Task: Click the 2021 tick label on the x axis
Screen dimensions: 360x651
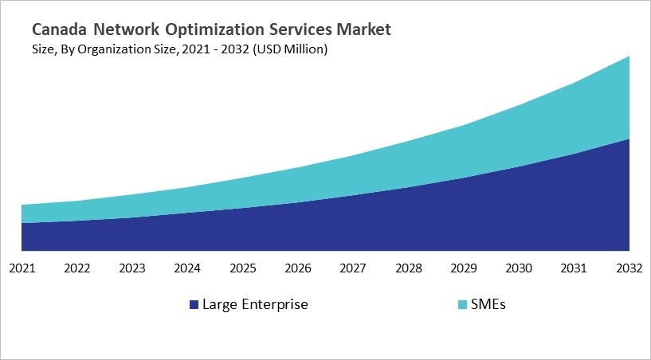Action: (x=22, y=268)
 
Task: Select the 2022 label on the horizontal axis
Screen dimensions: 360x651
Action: (x=77, y=268)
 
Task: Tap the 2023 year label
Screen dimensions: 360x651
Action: (x=132, y=268)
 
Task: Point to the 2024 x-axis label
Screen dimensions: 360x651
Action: (x=188, y=268)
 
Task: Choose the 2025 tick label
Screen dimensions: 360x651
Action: (x=243, y=268)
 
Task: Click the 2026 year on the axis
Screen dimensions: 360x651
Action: (x=298, y=268)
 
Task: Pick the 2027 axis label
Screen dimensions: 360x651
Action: (x=354, y=268)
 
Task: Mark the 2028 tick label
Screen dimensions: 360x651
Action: (x=409, y=268)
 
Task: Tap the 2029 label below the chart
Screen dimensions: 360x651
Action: (x=464, y=268)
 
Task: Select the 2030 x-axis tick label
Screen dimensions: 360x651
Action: (x=520, y=268)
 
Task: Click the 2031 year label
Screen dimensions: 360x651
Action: (x=575, y=268)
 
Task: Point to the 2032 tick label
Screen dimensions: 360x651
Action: (x=629, y=268)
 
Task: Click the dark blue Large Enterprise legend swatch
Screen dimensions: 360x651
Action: (x=194, y=305)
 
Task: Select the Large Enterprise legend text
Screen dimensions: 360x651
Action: (x=255, y=304)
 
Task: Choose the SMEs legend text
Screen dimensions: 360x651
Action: (x=488, y=304)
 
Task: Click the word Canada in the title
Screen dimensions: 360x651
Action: (x=60, y=30)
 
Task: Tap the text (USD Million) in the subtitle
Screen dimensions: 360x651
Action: (x=289, y=49)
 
